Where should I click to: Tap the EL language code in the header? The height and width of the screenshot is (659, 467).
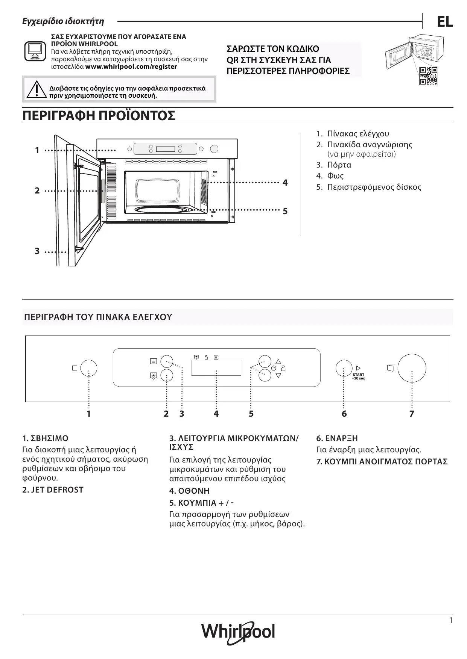[444, 23]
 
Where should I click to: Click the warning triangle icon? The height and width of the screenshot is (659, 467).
[36, 89]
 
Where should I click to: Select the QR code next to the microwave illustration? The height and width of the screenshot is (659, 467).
[429, 76]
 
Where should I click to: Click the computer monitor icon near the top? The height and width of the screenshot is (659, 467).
[35, 51]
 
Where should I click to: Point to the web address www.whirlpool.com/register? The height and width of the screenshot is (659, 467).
[131, 67]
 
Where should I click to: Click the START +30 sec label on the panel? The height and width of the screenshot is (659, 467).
[358, 376]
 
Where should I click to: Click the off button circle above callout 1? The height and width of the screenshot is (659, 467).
[89, 368]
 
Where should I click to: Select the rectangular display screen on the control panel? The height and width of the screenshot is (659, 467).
[216, 368]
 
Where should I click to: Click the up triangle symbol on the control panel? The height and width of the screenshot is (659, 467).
[278, 361]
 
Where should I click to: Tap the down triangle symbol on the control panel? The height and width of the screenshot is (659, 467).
[278, 375]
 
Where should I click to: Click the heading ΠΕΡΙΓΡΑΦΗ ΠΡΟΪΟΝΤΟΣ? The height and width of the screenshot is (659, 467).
[99, 116]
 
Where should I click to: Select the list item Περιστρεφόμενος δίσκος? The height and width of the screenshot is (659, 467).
[374, 187]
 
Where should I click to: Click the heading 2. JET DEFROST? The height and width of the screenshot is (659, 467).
[53, 490]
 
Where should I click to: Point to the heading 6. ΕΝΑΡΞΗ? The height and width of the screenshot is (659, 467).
[337, 438]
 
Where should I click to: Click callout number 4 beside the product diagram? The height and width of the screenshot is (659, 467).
[285, 183]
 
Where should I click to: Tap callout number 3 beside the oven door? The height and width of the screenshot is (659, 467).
[37, 251]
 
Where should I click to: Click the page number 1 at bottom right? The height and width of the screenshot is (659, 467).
[451, 621]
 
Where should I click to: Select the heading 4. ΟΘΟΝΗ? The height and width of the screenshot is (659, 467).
[189, 491]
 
